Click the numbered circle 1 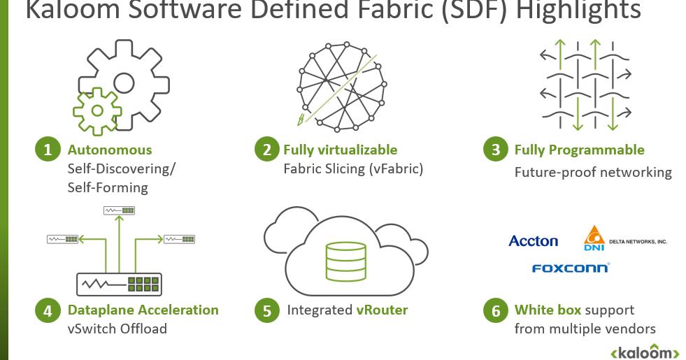(48, 150)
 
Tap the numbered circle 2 (267, 150)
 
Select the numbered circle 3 (496, 150)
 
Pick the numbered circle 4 (48, 310)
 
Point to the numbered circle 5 (267, 310)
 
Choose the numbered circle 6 (496, 310)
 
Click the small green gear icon (97, 110)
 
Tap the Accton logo (533, 241)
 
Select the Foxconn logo (571, 268)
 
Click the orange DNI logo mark (594, 238)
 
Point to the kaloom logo (645, 352)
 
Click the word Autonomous (110, 150)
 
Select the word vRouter (382, 310)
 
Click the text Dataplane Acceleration (143, 310)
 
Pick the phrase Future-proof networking (593, 172)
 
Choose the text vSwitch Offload (117, 329)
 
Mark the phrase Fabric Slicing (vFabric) (353, 168)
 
